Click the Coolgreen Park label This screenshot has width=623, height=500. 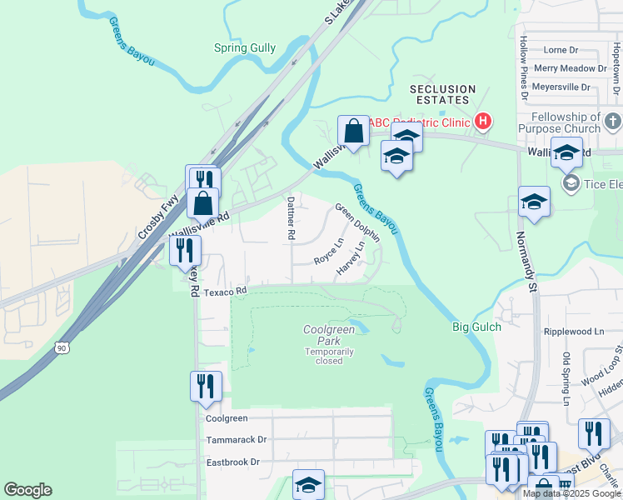tap(329, 336)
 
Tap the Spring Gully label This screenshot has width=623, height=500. tap(245, 47)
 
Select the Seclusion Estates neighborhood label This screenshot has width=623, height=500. tap(443, 94)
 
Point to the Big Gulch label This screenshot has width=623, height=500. tap(477, 327)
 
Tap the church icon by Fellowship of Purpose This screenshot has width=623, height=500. tap(612, 122)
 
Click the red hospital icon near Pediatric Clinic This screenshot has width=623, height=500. tap(482, 122)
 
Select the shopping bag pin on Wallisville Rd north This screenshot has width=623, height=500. tap(353, 132)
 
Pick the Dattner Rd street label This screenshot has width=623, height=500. tap(291, 218)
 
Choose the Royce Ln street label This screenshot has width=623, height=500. tap(329, 252)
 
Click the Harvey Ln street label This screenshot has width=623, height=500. tap(351, 260)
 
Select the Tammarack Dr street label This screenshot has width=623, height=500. tap(237, 439)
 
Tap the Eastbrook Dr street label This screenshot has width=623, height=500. tap(233, 462)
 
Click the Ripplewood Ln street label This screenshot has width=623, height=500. tap(573, 331)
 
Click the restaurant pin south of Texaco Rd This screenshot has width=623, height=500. tap(205, 386)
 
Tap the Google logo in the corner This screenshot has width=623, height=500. tap(27, 490)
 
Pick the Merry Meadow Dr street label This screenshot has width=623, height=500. tap(569, 68)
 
